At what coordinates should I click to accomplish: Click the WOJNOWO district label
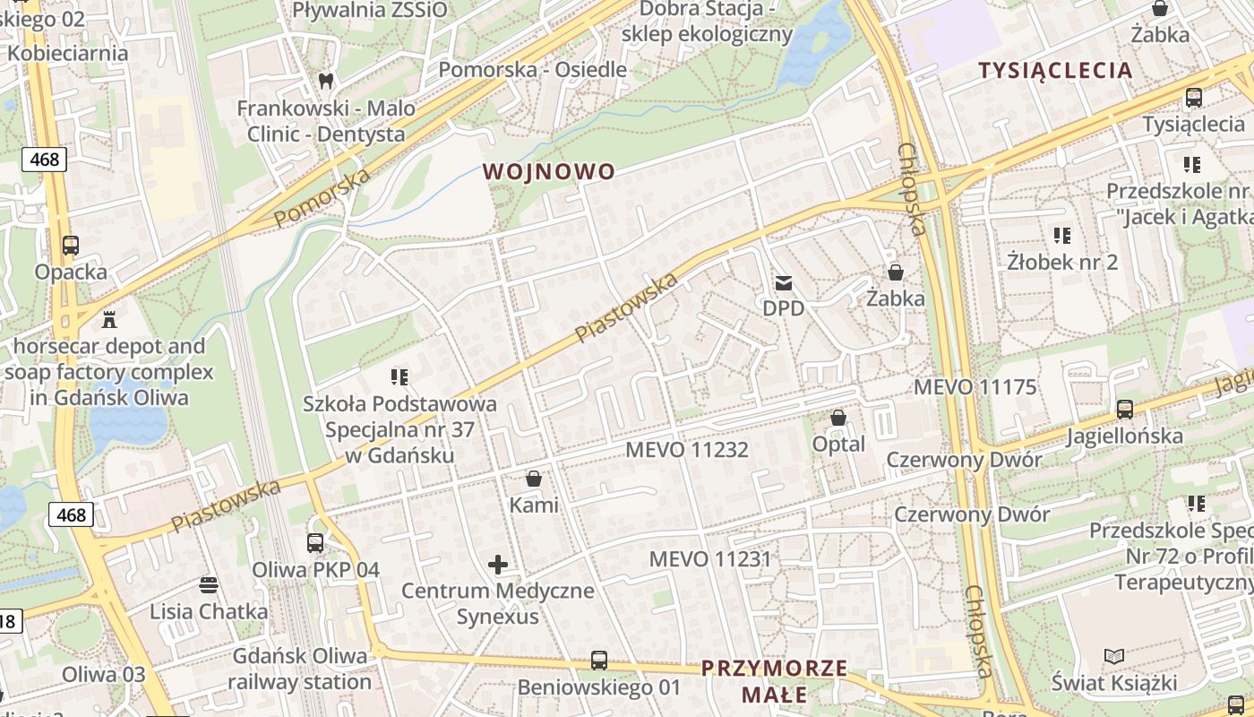(x=549, y=171)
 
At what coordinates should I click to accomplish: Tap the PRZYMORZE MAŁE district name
(x=775, y=680)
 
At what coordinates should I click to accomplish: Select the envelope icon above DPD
(x=784, y=284)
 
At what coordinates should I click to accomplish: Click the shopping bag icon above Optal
(x=838, y=418)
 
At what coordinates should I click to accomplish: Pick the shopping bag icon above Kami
(x=534, y=479)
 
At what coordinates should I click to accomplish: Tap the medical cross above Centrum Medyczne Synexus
(x=498, y=565)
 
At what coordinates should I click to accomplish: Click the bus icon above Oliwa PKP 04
(x=315, y=542)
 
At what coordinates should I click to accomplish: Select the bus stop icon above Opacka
(x=71, y=245)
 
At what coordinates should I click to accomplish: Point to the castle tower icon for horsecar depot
(x=109, y=319)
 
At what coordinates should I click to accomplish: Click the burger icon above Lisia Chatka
(x=209, y=585)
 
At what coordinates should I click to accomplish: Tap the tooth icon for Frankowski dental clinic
(x=326, y=81)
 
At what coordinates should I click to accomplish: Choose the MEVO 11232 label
(x=687, y=449)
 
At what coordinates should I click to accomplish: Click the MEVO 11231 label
(x=710, y=559)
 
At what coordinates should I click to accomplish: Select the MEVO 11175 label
(x=975, y=387)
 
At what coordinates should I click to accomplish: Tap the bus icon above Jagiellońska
(x=1125, y=410)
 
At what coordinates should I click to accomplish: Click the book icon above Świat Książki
(x=1114, y=656)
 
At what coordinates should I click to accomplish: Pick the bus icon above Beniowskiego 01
(x=599, y=661)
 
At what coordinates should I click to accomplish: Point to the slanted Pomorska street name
(x=322, y=197)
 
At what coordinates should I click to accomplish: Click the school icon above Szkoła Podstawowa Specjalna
(x=399, y=376)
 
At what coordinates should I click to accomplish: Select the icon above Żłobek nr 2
(x=1062, y=236)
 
